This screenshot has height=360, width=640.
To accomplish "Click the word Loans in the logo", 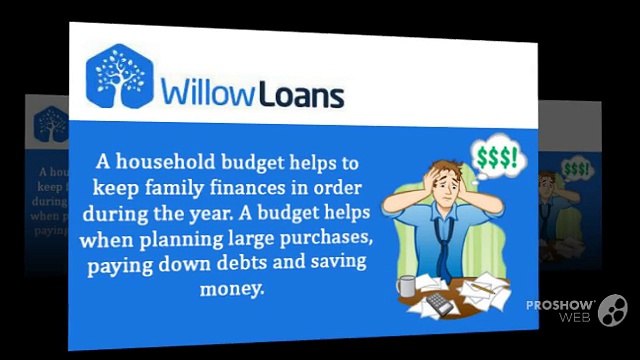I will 299,94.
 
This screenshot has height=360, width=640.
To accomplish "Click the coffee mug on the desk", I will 406,287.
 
